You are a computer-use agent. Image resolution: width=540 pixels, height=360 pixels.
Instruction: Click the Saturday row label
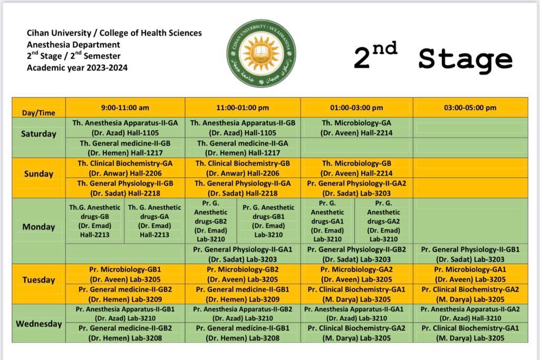pyautogui.click(x=38, y=134)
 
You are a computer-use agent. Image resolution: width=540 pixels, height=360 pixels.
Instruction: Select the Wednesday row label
pyautogui.click(x=38, y=324)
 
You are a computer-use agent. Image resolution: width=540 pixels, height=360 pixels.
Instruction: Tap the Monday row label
pyautogui.click(x=38, y=227)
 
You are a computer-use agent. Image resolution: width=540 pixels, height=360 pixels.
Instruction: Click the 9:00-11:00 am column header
pyautogui.click(x=125, y=108)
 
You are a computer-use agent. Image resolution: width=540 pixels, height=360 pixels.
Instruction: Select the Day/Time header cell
pyautogui.click(x=38, y=112)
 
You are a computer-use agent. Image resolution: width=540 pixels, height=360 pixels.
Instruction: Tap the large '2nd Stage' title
pyautogui.click(x=432, y=57)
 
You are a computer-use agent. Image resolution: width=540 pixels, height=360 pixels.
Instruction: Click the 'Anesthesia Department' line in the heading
pyautogui.click(x=73, y=44)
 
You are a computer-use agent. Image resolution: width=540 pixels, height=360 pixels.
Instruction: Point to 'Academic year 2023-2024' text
pyautogui.click(x=77, y=67)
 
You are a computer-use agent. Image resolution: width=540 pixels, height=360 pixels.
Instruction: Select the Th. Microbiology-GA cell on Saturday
pyautogui.click(x=356, y=128)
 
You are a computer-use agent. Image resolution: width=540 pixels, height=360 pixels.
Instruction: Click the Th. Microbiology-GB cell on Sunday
pyautogui.click(x=356, y=168)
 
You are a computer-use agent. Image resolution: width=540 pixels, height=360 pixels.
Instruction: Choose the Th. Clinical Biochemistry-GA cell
pyautogui.click(x=125, y=168)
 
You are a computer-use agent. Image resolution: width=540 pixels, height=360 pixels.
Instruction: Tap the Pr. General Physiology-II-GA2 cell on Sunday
pyautogui.click(x=356, y=188)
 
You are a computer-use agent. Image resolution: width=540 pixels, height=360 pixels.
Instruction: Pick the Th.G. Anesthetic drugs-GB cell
pyautogui.click(x=95, y=221)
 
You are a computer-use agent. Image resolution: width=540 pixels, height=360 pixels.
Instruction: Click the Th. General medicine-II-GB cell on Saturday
pyautogui.click(x=125, y=148)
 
